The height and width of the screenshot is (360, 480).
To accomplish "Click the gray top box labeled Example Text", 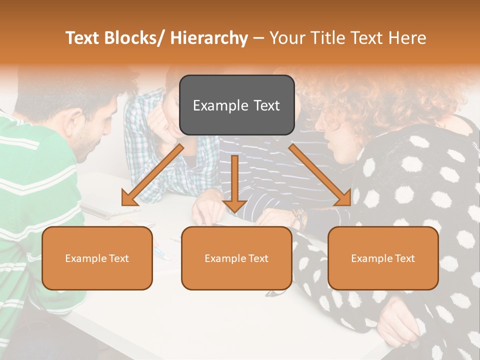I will [x=236, y=105].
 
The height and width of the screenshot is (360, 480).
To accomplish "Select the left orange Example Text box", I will [x=97, y=258].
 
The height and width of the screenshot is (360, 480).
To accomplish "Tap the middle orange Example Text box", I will [x=236, y=258].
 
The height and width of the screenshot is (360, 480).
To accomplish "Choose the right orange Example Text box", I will [x=383, y=258].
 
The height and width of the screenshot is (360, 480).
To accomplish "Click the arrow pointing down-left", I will [x=152, y=175].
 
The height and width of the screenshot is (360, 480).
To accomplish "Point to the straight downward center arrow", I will [x=234, y=180].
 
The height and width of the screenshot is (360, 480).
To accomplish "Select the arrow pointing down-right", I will [x=320, y=175].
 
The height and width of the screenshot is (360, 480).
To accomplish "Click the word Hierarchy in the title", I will [x=209, y=38].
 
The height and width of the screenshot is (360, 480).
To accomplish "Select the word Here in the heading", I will [x=407, y=38].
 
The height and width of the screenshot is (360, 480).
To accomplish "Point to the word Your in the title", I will [x=286, y=38].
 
